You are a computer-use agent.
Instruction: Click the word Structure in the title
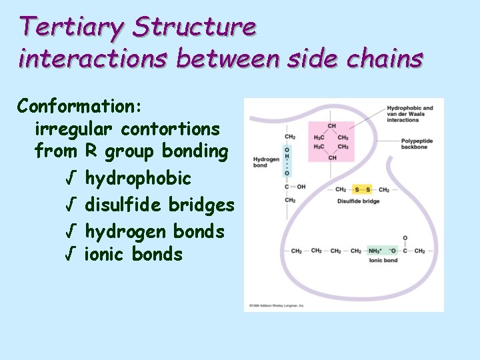coord(194,27)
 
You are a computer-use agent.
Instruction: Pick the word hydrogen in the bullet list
coord(126,232)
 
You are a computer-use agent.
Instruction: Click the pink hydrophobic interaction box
coord(331,141)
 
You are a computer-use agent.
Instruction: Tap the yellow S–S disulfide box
coord(362,190)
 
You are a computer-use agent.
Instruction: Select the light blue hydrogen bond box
coord(287,161)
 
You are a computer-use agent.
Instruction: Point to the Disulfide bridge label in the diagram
coord(358,201)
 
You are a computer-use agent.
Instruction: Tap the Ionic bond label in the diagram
coord(383,261)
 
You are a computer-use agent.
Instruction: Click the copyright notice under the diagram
coord(277,305)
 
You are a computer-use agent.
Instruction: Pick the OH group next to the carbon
coord(301,187)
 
